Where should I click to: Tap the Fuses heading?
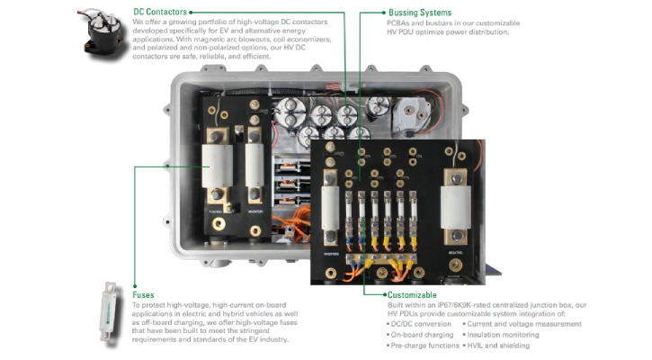click(143, 295)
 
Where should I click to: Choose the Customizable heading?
click(412, 295)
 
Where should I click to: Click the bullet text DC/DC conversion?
click(417, 324)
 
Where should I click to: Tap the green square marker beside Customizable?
click(384, 295)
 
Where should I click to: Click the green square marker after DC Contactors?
click(190, 13)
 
